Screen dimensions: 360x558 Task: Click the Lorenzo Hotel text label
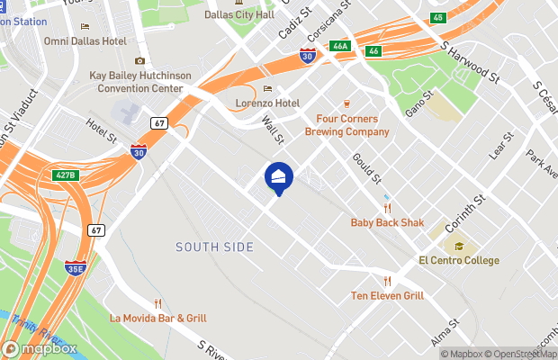[x=267, y=103]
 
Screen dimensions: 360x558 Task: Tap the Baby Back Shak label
[x=387, y=221]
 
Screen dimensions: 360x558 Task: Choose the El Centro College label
[x=459, y=260]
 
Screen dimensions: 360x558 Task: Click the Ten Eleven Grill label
[x=387, y=295]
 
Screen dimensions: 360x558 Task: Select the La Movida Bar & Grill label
[x=158, y=318]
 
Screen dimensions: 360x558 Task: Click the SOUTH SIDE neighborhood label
[x=214, y=247]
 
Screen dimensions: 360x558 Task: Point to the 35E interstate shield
[x=76, y=268]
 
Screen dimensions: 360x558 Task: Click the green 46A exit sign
[x=339, y=46]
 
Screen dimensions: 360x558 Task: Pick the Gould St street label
[x=366, y=167]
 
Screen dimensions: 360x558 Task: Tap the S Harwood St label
[x=471, y=61]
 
